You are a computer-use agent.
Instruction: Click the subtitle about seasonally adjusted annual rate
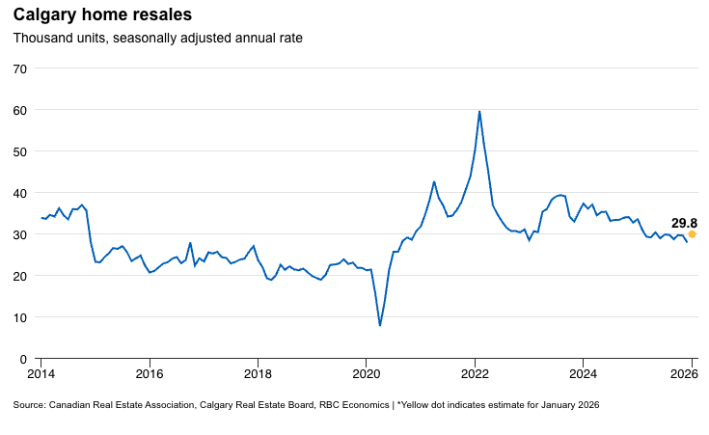pyautogui.click(x=157, y=39)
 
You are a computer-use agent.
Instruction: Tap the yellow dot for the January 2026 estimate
pyautogui.click(x=692, y=234)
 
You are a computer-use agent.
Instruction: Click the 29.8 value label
pyautogui.click(x=684, y=223)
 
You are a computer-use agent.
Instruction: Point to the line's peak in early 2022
pyautogui.click(x=479, y=112)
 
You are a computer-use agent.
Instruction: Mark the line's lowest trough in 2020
pyautogui.click(x=380, y=325)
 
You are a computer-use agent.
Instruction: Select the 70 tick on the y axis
pyautogui.click(x=20, y=68)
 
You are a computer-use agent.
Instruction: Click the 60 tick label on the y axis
pyautogui.click(x=20, y=110)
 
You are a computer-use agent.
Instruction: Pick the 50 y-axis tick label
pyautogui.click(x=20, y=151)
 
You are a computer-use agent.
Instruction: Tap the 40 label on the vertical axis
pyautogui.click(x=20, y=193)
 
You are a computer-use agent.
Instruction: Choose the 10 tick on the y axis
pyautogui.click(x=20, y=317)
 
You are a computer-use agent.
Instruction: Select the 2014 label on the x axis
pyautogui.click(x=41, y=373)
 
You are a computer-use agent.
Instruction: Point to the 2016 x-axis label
pyautogui.click(x=150, y=373)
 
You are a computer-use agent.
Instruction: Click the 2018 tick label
pyautogui.click(x=258, y=373)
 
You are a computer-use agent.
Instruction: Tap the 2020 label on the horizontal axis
pyautogui.click(x=367, y=373)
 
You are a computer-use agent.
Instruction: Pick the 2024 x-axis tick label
pyautogui.click(x=583, y=373)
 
